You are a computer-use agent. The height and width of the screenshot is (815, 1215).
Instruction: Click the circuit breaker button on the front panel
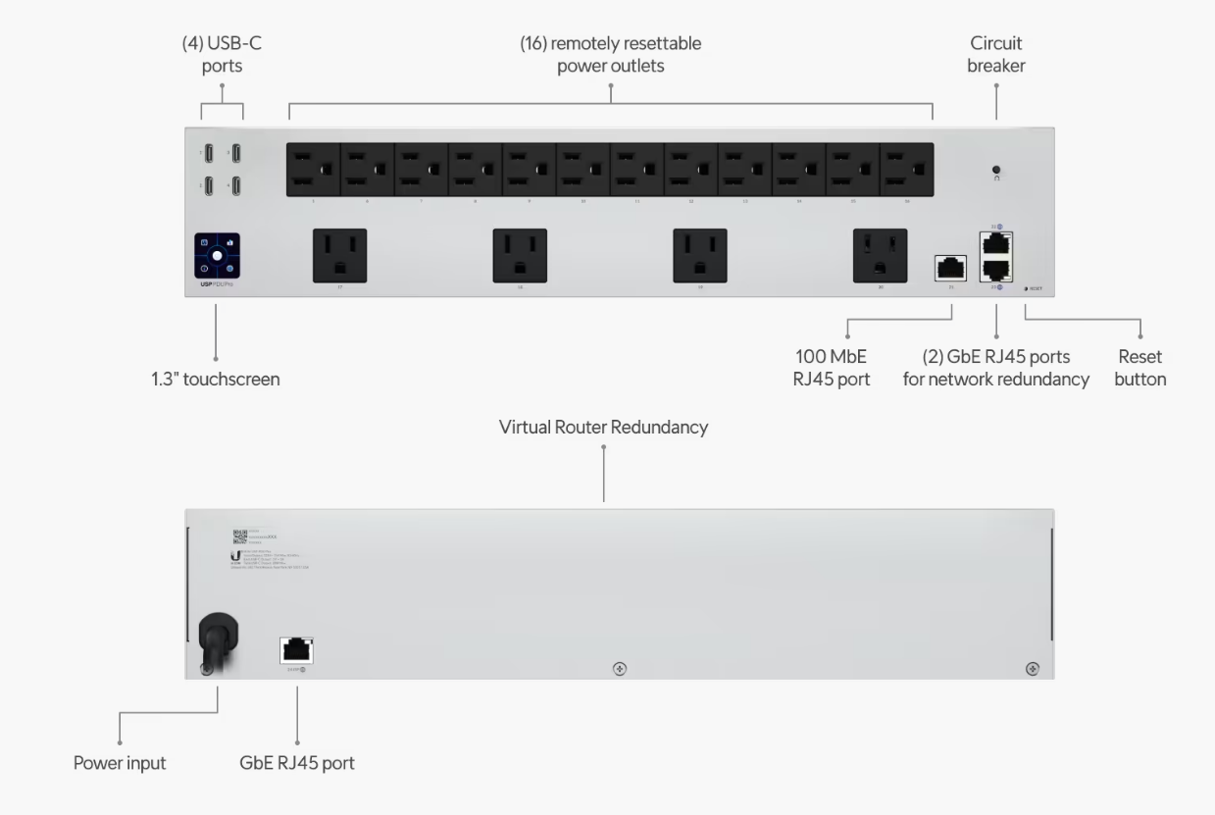995,169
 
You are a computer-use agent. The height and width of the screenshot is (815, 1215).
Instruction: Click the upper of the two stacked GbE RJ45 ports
996,242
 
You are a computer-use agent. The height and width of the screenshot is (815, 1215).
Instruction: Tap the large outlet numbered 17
339,255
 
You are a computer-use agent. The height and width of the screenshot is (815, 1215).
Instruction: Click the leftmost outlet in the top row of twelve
313,170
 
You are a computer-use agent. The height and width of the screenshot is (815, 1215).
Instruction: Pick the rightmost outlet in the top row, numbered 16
907,170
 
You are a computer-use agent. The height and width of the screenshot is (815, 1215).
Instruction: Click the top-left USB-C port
209,154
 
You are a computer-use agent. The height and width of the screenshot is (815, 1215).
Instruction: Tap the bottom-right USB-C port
236,185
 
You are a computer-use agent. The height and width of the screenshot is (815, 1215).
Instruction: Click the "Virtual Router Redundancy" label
603,428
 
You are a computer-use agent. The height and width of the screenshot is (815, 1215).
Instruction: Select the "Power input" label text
120,763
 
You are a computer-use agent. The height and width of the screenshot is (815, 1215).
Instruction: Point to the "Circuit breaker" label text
995,55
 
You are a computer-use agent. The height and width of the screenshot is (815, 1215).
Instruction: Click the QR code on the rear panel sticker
238,537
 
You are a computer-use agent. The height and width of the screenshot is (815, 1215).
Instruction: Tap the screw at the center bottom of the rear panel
620,668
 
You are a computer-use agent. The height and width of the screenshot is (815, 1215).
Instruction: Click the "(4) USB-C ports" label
223,55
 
